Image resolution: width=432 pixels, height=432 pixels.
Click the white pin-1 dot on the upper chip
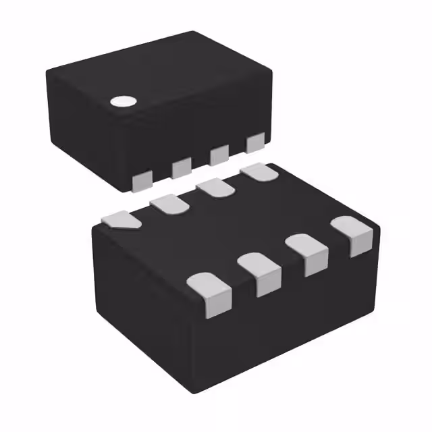123,102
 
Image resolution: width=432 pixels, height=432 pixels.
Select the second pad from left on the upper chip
181,167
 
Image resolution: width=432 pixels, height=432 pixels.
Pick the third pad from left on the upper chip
219,155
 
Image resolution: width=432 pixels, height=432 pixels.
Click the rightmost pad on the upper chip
255,142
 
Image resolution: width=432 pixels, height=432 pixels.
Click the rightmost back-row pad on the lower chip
259,173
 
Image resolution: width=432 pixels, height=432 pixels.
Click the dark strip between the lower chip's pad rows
236,230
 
